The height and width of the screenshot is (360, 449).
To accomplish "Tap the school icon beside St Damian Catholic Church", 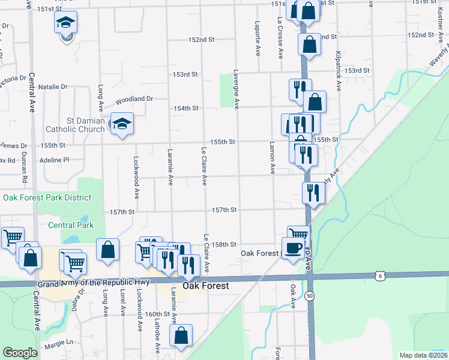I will [x=122, y=124].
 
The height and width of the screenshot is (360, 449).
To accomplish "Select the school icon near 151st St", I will [x=65, y=24].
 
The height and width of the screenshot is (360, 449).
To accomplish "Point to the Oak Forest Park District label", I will [x=47, y=197].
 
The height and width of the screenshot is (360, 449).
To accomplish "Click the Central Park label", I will [x=71, y=226].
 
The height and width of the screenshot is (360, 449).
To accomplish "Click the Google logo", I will [x=20, y=353].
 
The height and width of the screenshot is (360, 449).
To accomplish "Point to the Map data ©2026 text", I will [x=423, y=355].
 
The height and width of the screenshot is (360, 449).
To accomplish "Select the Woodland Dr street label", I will [x=134, y=98].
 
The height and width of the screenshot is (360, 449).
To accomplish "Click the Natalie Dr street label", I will [x=57, y=87].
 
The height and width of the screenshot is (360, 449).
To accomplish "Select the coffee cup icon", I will [x=293, y=248].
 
